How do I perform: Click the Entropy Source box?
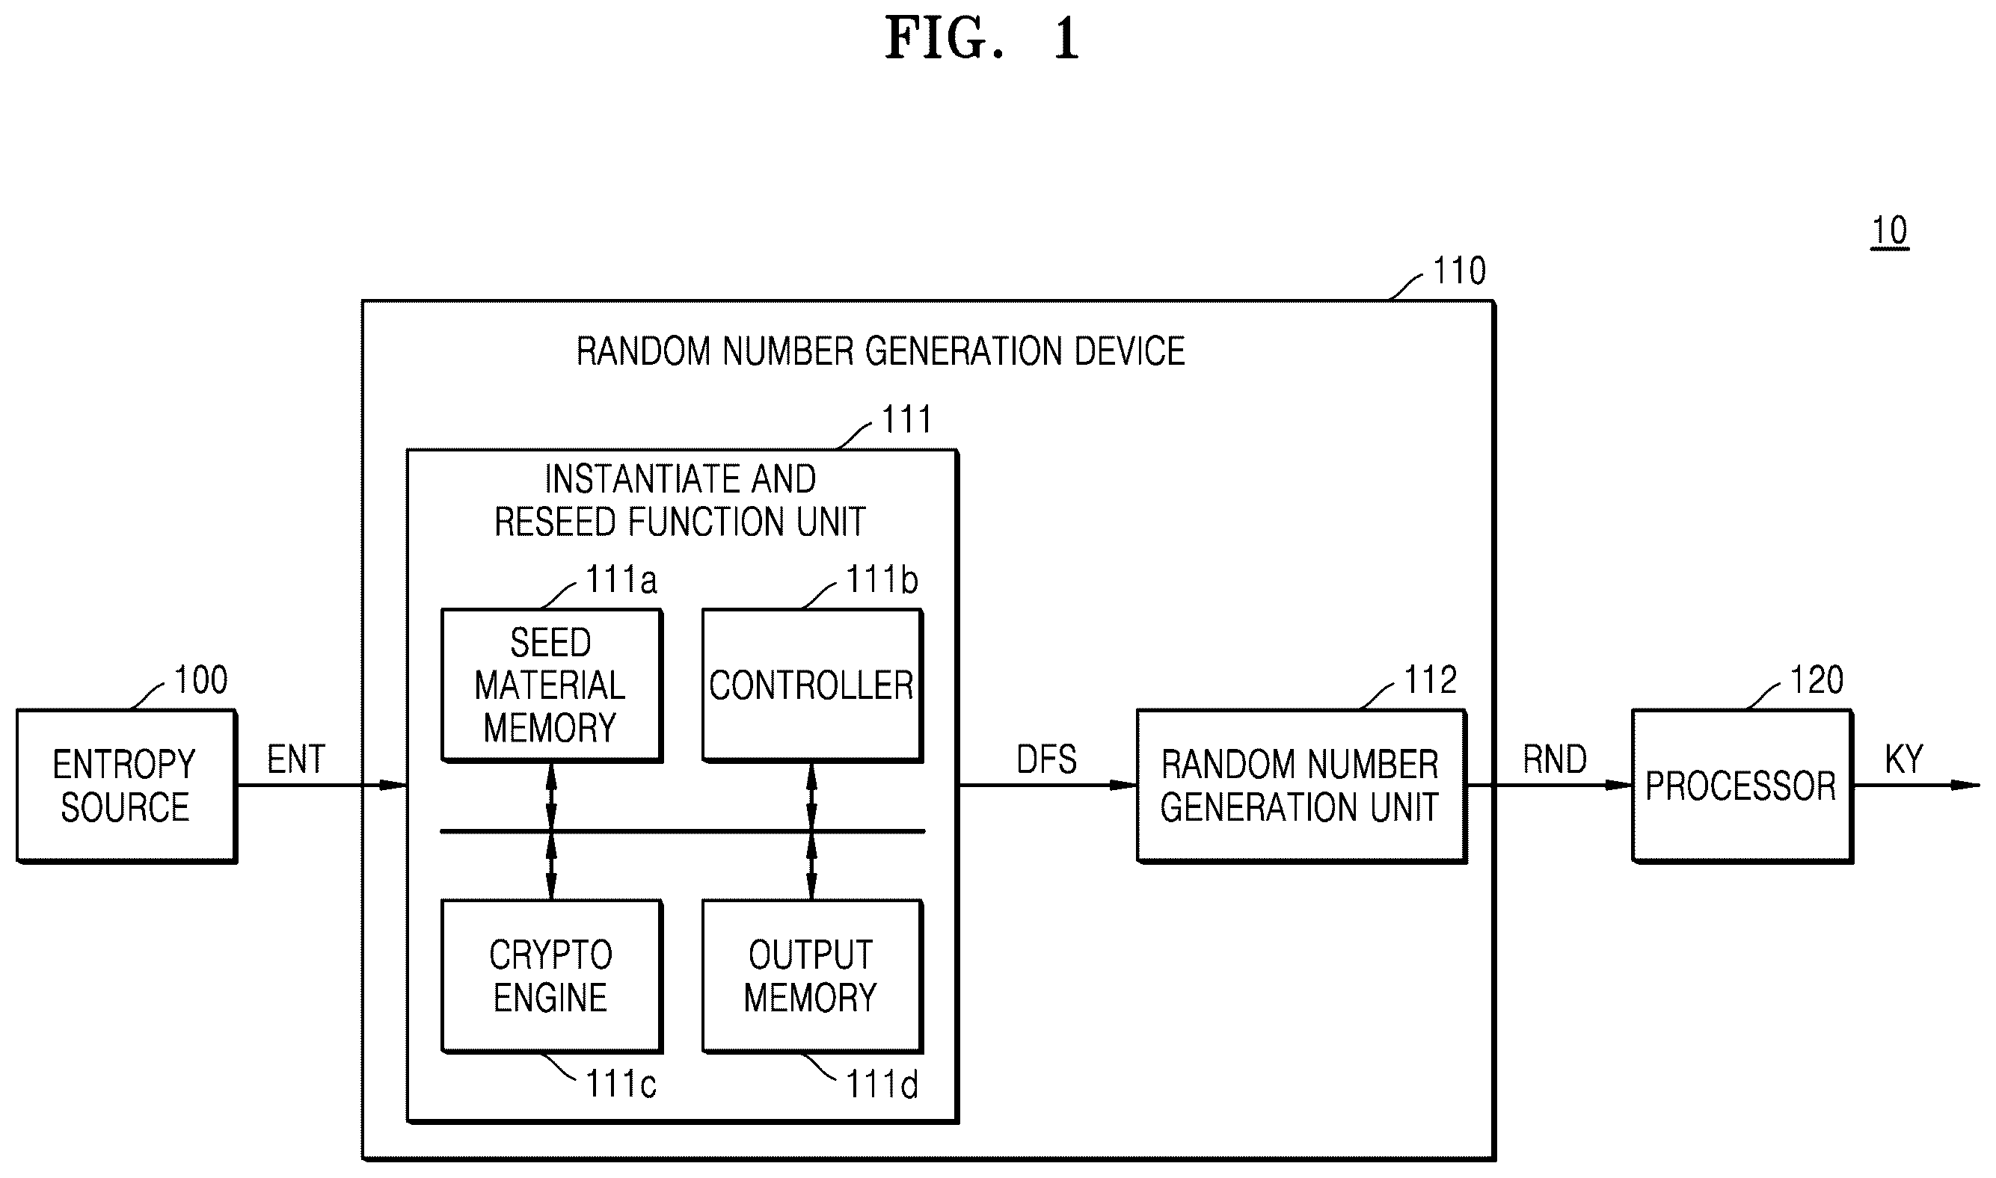pyautogui.click(x=127, y=786)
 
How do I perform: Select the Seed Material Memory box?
pyautogui.click(x=552, y=686)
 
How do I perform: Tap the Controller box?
pyautogui.click(x=812, y=686)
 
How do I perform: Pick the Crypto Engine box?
pyautogui.click(x=552, y=976)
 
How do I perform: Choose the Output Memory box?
pyautogui.click(x=812, y=976)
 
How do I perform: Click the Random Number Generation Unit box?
pyautogui.click(x=1301, y=786)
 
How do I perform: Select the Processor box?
pyautogui.click(x=1742, y=786)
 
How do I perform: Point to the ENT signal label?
pyautogui.click(x=296, y=759)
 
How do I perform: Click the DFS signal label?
pyautogui.click(x=1046, y=759)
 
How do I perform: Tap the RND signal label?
pyautogui.click(x=1555, y=759)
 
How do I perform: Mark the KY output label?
pyautogui.click(x=1904, y=759)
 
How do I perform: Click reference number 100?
pyautogui.click(x=201, y=680)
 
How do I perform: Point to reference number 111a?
pyautogui.click(x=621, y=580)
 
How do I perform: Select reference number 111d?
pyautogui.click(x=881, y=1085)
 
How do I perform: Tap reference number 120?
pyautogui.click(x=1817, y=680)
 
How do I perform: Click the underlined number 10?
pyautogui.click(x=1890, y=232)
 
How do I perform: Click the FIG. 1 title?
pyautogui.click(x=983, y=38)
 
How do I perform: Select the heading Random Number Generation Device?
pyautogui.click(x=880, y=351)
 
